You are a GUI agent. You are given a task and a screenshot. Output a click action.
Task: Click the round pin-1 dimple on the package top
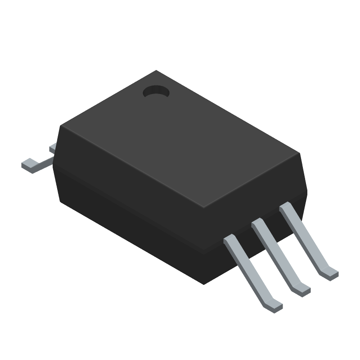pos(156,93)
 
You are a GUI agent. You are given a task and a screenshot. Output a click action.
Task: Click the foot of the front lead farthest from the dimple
pos(273,306)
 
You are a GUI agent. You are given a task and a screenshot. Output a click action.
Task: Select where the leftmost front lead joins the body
pos(229,241)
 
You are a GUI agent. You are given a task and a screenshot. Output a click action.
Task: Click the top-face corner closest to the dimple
pos(156,71)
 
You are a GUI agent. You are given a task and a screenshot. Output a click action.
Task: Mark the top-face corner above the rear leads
pos(60,126)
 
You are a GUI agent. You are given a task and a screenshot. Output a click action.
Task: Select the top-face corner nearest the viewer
pos(203,208)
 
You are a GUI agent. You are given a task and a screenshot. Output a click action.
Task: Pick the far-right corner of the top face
pos(300,153)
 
